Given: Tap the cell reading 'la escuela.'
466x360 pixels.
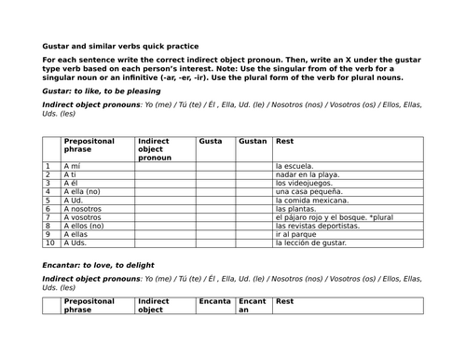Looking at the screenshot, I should [x=295, y=166].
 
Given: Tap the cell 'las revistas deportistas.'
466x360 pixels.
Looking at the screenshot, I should [x=317, y=226].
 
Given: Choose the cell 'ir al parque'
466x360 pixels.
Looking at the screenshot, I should [x=295, y=234].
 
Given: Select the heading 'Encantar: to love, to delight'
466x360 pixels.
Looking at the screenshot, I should [x=98, y=265].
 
